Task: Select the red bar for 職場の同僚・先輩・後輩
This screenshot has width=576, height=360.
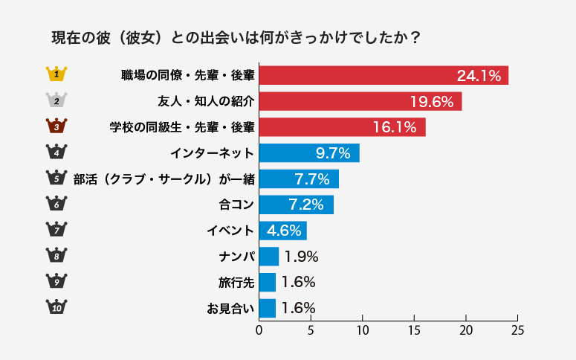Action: point(384,75)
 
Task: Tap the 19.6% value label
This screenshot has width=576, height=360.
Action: point(432,101)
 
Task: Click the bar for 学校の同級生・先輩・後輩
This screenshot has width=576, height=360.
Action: point(342,127)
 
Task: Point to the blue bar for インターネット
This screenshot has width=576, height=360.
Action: point(308,153)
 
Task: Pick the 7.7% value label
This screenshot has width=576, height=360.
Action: point(312,179)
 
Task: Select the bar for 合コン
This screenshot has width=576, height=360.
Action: point(296,205)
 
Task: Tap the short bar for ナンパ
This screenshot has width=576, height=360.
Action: point(268,257)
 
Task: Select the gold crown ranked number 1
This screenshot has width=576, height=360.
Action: point(57,74)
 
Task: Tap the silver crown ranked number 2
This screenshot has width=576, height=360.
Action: point(57,100)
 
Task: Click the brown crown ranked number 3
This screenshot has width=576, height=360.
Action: point(57,126)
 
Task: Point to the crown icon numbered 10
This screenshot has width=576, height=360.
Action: point(57,307)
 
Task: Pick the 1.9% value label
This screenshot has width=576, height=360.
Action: point(301,257)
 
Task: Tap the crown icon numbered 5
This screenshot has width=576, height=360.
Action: point(57,178)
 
